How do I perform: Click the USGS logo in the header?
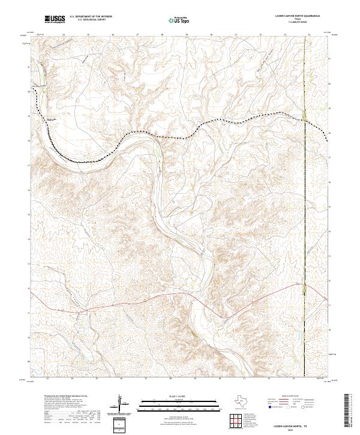tap(55, 20)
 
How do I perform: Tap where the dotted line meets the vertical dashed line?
tap(305, 122)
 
